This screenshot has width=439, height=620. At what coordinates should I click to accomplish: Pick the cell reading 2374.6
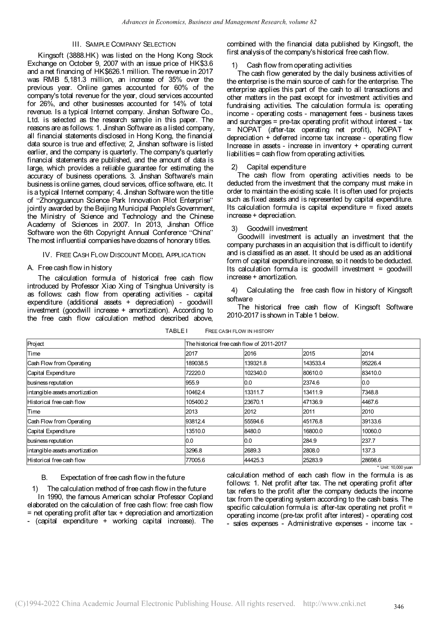coord(313,383)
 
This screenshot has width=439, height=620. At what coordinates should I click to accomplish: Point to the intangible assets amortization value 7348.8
coord(371,392)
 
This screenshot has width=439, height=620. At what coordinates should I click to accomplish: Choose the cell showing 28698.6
coord(371,460)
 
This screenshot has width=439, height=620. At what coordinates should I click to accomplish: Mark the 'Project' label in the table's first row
coord(36,344)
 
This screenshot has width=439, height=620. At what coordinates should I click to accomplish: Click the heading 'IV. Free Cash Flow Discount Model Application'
coord(124,255)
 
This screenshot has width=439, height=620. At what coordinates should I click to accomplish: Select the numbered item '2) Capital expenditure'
coord(268,167)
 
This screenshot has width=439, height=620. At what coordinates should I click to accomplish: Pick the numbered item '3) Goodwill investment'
coord(269,228)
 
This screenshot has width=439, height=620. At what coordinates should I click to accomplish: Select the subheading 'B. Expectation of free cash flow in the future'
coord(113,477)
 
